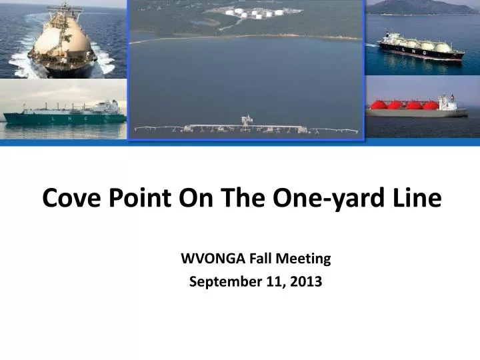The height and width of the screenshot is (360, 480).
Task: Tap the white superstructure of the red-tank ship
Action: coord(447,103)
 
